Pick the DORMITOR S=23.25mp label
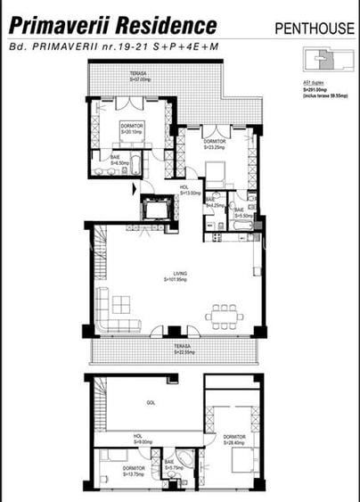coord(214,144)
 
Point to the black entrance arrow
coord(135,189)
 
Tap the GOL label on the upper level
coord(150,404)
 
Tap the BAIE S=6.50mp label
coord(119,162)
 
